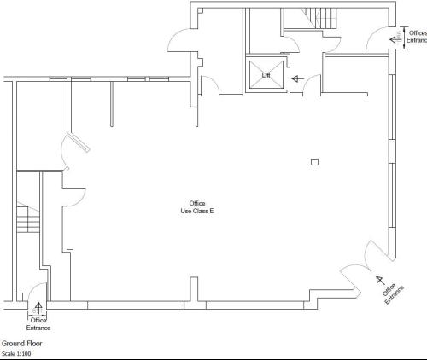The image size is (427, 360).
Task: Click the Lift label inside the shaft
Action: click(266, 75)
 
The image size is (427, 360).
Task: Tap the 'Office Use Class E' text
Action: click(197, 207)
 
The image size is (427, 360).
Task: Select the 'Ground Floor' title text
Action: click(22, 344)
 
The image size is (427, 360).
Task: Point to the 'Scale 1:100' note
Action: click(16, 354)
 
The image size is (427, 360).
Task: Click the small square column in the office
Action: click(314, 162)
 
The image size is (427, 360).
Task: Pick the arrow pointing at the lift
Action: click(298, 78)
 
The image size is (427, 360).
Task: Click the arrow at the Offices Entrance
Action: click(394, 40)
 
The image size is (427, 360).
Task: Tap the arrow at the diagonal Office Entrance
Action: click(380, 281)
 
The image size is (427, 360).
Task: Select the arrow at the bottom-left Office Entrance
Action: click(38, 308)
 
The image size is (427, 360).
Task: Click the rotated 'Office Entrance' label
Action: click(393, 294)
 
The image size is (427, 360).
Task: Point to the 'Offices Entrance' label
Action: click(417, 37)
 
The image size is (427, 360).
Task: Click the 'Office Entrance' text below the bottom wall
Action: click(38, 324)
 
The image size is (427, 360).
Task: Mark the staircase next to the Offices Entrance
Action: click(319, 18)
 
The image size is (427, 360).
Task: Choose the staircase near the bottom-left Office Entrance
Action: click(28, 218)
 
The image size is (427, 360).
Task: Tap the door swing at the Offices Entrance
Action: click(376, 38)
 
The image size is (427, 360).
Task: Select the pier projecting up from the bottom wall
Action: click(194, 289)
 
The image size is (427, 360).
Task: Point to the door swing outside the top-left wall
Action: click(178, 40)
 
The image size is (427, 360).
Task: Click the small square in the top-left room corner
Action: click(201, 11)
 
